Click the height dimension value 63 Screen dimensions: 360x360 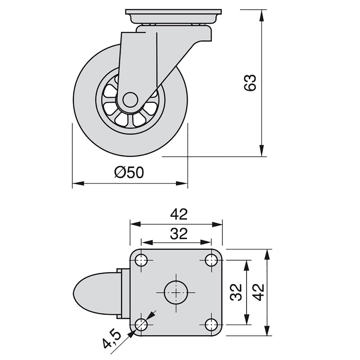250,82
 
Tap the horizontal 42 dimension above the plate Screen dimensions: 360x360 179,214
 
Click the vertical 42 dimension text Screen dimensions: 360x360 258,292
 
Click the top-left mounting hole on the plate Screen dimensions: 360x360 141,260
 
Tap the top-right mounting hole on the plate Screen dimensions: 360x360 211,260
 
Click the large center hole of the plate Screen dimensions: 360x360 176,292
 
